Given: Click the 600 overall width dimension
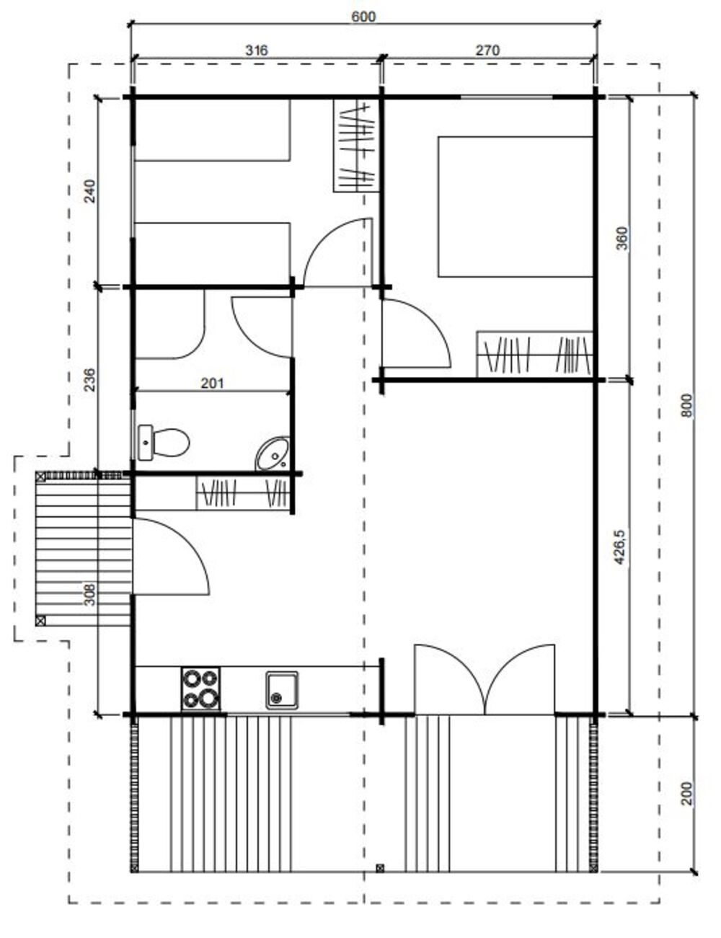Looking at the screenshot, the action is (363, 17).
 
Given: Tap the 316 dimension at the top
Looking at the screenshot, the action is (256, 50).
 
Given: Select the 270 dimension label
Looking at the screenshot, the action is (487, 50).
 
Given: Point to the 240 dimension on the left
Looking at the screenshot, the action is (89, 191).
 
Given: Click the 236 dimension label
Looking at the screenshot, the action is (89, 379).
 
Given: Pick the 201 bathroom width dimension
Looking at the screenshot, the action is (212, 383).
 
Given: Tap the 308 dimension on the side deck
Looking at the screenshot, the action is (89, 594).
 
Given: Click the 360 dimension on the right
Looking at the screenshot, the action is (623, 238).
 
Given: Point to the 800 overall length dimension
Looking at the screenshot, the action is (686, 405).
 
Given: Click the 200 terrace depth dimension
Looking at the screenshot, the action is (686, 792).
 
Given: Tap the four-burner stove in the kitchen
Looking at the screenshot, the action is (200, 688).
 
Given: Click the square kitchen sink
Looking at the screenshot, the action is (281, 690).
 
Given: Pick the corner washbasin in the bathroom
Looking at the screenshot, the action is (273, 453).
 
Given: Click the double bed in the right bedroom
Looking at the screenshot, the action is (516, 206).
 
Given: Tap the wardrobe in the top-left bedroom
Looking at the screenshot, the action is (356, 145).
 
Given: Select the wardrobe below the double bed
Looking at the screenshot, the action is (535, 353).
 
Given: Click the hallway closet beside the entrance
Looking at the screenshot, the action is (244, 493).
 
